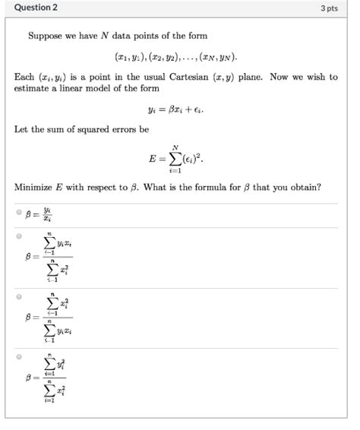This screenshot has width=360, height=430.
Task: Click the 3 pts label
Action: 328,8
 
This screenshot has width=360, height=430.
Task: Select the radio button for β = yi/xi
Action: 18,212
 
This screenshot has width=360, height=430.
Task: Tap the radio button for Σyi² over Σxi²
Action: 18,356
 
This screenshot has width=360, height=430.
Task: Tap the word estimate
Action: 31,88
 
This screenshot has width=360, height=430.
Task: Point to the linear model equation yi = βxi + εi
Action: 179,109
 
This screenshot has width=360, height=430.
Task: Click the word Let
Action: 21,130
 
